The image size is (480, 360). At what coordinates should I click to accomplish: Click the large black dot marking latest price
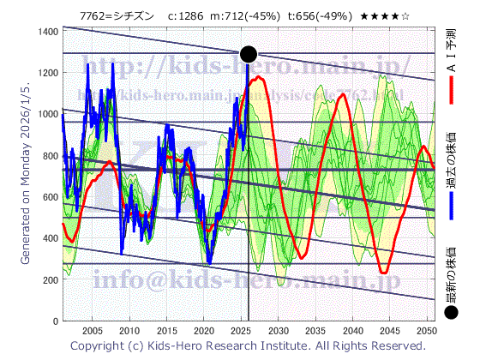tap(249, 54)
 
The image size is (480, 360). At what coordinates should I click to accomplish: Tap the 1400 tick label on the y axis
tap(47, 32)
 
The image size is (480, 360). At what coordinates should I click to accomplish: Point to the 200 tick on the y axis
tap(49, 280)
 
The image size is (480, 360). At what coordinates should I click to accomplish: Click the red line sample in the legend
tap(452, 91)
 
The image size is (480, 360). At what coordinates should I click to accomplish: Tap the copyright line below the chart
tap(249, 345)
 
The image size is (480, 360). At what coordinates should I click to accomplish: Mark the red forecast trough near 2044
tap(384, 273)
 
